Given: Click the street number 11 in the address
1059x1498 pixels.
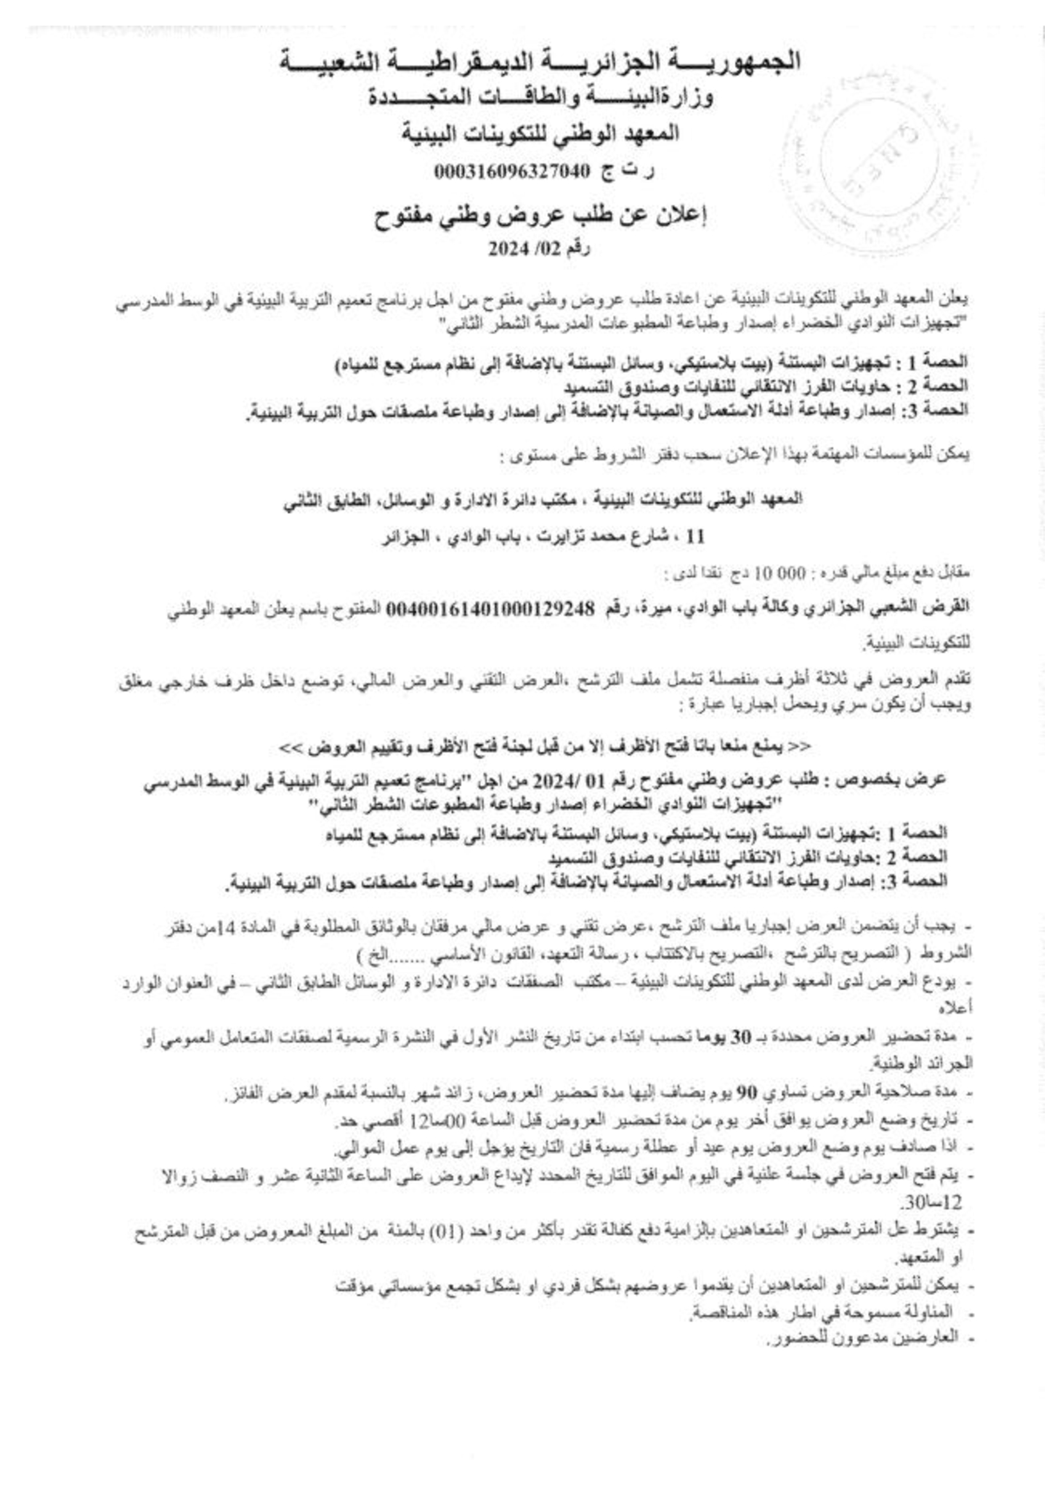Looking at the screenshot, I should pyautogui.click(x=696, y=539).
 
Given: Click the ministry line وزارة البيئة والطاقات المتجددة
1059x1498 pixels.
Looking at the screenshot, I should pyautogui.click(x=540, y=98).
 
